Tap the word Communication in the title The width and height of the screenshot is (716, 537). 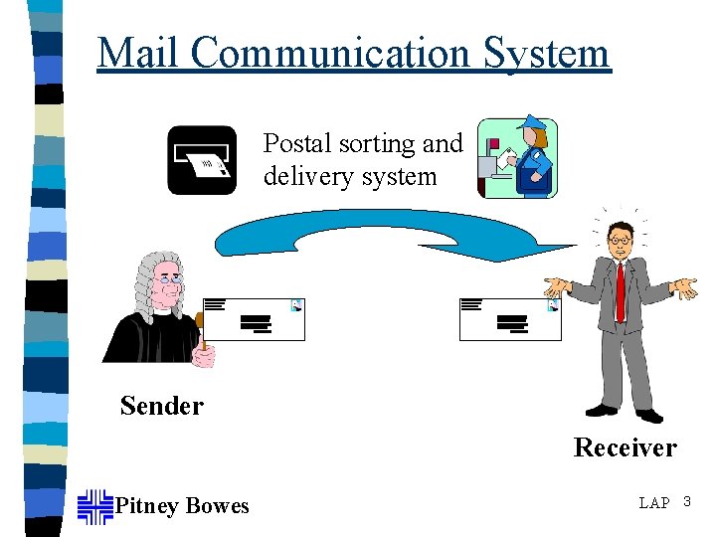point(333,52)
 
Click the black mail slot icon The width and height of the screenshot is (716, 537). point(202,159)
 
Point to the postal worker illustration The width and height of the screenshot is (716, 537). point(518,159)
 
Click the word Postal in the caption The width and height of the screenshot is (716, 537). point(297,144)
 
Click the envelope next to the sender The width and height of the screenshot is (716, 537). point(255,319)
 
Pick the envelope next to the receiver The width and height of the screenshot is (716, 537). point(510,319)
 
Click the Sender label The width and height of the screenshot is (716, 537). point(161,406)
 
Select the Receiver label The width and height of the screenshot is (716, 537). point(625,448)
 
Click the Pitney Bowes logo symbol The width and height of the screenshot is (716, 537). point(95,505)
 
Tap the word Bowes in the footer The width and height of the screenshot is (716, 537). point(217,506)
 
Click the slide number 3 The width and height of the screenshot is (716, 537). point(686,502)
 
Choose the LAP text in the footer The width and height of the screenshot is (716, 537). point(654,503)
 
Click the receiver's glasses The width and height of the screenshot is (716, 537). point(620,240)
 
